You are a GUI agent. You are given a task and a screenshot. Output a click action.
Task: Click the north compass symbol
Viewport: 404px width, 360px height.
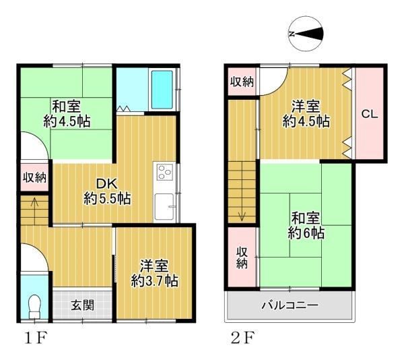(x=306, y=34)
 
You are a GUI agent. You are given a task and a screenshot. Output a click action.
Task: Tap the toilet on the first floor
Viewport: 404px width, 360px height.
(x=34, y=307)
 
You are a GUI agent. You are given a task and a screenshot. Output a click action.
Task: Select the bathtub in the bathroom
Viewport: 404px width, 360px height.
(x=162, y=90)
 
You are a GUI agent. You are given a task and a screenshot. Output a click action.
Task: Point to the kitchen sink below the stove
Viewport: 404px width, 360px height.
(x=164, y=206)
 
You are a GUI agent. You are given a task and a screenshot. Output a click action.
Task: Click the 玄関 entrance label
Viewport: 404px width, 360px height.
(x=82, y=305)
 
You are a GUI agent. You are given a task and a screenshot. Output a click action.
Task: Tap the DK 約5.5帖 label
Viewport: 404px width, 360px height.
(x=107, y=191)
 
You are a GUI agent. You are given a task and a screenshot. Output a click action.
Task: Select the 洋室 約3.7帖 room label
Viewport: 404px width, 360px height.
(x=154, y=274)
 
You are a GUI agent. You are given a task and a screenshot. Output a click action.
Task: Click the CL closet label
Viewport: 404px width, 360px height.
(x=370, y=114)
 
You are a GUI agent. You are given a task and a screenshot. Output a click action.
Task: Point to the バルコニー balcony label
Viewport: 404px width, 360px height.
(x=290, y=305)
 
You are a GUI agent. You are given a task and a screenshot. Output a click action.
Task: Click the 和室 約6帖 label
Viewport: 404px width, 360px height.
(x=306, y=226)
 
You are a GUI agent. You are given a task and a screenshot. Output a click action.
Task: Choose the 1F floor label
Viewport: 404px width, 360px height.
(x=36, y=338)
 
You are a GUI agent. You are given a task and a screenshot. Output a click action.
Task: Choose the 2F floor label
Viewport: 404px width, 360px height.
(x=242, y=338)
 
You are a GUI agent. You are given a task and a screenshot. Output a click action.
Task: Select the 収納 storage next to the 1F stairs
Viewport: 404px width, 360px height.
(x=34, y=177)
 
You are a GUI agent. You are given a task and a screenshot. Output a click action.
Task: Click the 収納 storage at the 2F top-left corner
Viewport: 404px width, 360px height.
(x=242, y=82)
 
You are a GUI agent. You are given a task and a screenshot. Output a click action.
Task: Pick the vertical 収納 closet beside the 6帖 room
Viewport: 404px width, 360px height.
(x=242, y=257)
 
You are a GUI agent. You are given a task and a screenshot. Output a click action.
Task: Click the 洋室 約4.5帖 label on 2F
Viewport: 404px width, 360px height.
(x=306, y=114)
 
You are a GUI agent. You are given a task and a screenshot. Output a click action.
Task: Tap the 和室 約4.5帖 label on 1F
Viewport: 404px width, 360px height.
(x=67, y=114)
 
